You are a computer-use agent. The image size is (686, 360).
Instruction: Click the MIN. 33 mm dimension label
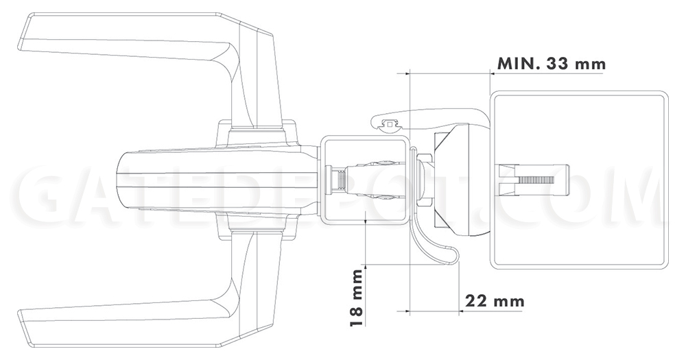coord(552,64)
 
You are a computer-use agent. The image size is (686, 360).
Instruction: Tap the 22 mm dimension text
coord(495,302)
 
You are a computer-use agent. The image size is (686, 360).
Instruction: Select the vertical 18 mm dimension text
coord(357,298)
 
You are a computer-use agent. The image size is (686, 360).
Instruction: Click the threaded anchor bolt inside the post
coord(534,180)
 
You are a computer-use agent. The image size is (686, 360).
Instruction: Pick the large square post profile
coord(579,180)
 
